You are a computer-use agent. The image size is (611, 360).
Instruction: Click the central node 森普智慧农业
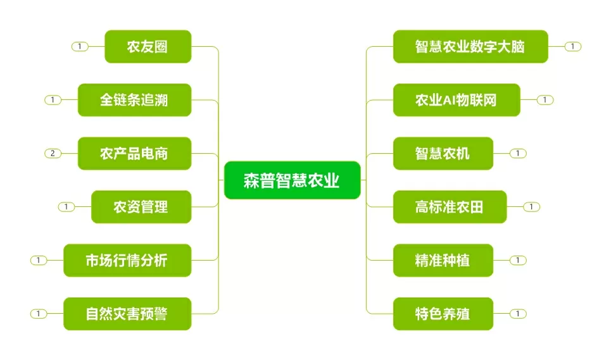293,180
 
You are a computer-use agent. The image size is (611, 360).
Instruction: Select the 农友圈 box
148,46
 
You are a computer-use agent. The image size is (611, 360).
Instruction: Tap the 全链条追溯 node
134,100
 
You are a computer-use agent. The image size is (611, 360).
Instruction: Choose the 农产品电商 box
134,153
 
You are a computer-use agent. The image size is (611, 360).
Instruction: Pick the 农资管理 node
141,207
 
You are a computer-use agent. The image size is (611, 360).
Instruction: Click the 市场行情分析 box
127,261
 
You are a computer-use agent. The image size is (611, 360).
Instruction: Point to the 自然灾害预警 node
127,314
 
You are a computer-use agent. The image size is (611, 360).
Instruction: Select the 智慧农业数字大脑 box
470,46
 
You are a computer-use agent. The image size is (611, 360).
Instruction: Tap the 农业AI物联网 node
457,100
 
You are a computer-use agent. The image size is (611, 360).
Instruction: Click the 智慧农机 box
443,153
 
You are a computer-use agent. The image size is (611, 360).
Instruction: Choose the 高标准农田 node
450,207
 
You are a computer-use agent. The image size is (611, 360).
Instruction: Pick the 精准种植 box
443,261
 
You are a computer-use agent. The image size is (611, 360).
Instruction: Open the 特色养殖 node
443,314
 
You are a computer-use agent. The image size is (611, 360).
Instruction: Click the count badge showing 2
53,153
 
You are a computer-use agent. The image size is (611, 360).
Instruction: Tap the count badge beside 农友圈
80,46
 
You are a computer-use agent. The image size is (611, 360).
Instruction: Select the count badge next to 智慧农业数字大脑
573,46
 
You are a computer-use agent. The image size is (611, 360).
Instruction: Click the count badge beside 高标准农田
531,207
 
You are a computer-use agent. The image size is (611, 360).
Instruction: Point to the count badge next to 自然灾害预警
39,314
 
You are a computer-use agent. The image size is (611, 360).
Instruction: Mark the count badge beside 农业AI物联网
545,100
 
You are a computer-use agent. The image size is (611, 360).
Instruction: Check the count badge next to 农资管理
66,207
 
